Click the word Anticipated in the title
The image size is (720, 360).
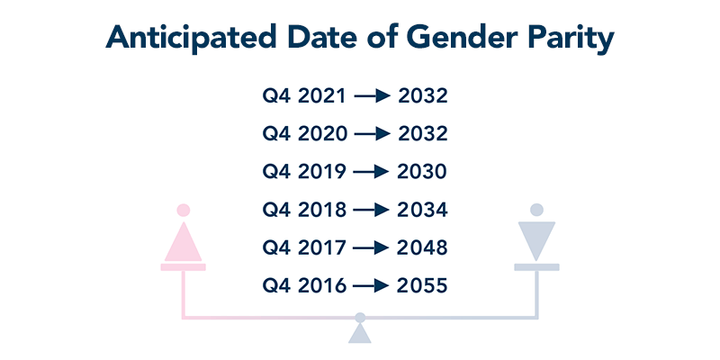click(191, 38)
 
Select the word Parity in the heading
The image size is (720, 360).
click(571, 39)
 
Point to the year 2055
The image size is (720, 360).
click(422, 286)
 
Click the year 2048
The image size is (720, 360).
click(422, 248)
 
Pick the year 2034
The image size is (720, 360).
click(422, 210)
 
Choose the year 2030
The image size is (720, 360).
click(422, 172)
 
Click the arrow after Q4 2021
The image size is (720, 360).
click(372, 96)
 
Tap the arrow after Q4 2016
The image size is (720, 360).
click(371, 286)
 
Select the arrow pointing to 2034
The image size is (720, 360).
click(371, 211)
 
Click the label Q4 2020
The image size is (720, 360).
click(304, 134)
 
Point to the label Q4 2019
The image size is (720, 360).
click(304, 172)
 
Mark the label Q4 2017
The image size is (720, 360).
click(304, 248)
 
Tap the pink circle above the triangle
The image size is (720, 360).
click(184, 211)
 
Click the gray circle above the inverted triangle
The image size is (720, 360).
click(536, 210)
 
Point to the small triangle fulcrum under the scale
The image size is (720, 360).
click(359, 333)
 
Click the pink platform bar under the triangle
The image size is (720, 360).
click(184, 267)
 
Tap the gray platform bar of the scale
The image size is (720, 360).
click(536, 267)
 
